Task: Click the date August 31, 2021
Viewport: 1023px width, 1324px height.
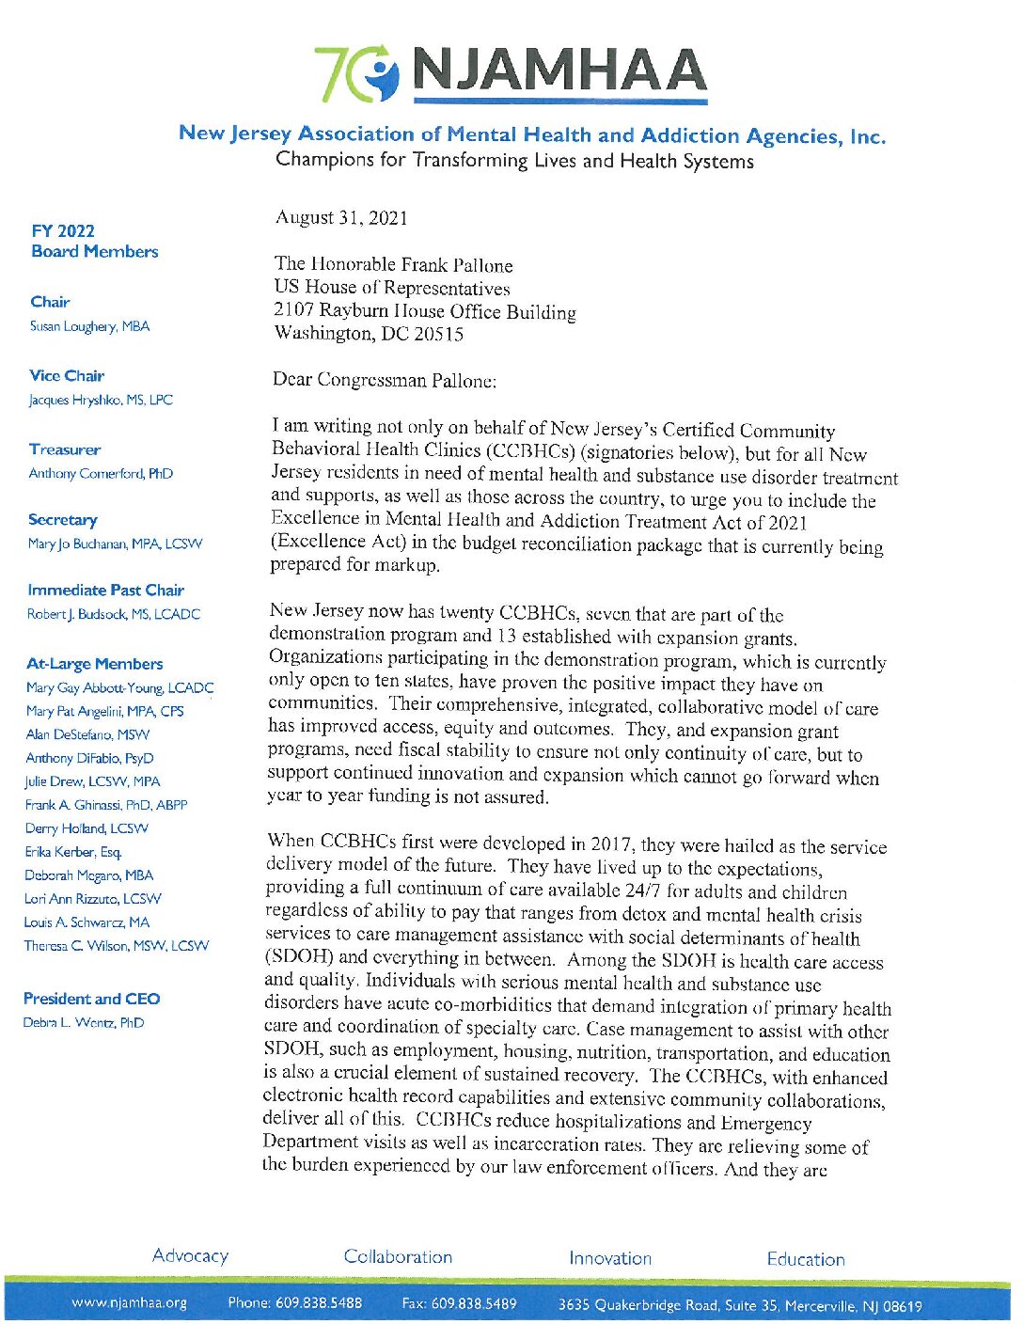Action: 341,218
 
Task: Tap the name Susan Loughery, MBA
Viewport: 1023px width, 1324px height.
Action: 89,326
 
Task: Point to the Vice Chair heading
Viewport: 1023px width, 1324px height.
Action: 67,376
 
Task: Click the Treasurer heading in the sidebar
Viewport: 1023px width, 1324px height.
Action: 65,449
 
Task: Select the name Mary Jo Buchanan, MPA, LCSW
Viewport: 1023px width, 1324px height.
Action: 115,544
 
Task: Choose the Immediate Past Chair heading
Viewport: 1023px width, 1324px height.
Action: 105,591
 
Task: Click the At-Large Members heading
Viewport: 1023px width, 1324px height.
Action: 94,664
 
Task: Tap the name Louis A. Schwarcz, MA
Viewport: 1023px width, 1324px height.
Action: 87,922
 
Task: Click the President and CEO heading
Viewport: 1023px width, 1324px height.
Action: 91,999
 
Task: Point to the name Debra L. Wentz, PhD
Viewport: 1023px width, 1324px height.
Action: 84,1023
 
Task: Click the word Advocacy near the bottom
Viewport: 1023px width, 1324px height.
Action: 190,1256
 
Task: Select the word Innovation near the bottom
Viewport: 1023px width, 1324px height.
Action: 609,1258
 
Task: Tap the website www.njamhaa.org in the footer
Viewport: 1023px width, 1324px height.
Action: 129,1303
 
